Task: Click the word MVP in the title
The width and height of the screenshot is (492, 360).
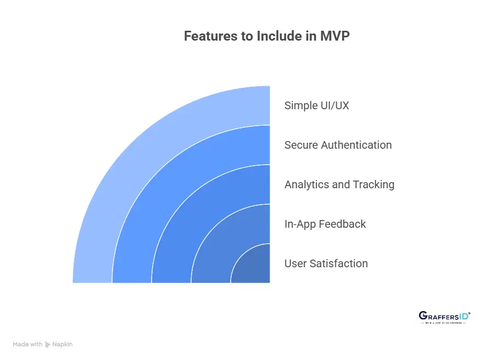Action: (334, 37)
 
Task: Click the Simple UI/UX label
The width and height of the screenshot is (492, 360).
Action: (316, 105)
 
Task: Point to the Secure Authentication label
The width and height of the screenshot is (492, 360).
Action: (338, 145)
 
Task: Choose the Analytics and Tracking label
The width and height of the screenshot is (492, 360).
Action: (339, 184)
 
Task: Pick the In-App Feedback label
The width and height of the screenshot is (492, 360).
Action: (325, 224)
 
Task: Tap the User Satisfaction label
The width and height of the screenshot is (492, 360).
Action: (326, 263)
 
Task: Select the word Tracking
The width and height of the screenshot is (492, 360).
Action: (374, 184)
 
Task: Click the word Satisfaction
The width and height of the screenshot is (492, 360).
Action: (338, 263)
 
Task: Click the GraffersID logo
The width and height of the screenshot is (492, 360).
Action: (444, 317)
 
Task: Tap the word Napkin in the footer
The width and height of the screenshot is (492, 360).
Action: (62, 345)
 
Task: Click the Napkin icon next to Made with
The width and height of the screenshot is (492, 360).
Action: (48, 345)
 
